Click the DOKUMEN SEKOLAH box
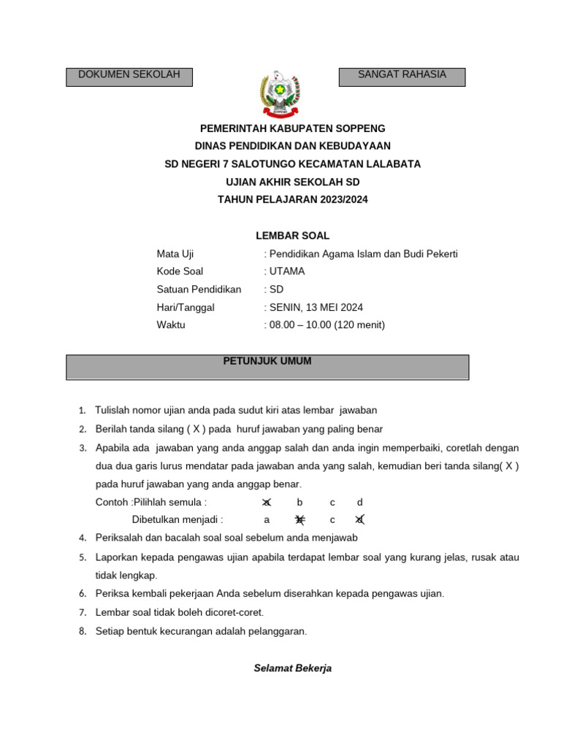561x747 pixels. pyautogui.click(x=129, y=77)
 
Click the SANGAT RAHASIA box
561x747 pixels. pyautogui.click(x=402, y=77)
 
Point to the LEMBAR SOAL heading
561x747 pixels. pyautogui.click(x=292, y=236)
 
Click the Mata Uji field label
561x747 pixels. pyautogui.click(x=175, y=254)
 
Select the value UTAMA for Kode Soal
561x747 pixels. pyautogui.click(x=287, y=271)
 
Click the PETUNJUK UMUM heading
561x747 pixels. pyautogui.click(x=267, y=361)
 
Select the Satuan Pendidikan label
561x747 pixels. pyautogui.click(x=199, y=290)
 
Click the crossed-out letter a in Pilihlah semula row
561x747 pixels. pyautogui.click(x=267, y=503)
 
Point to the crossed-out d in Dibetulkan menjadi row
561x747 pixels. pyautogui.click(x=359, y=520)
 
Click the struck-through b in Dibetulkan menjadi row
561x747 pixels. pyautogui.click(x=299, y=520)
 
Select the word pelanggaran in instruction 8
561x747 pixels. pyautogui.click(x=278, y=631)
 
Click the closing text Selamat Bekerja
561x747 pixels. pyautogui.click(x=292, y=668)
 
